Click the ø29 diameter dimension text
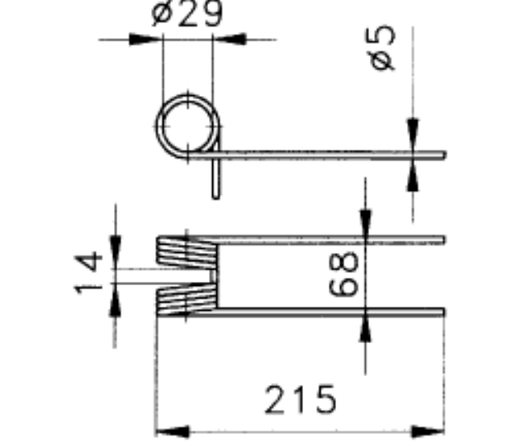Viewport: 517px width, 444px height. pyautogui.click(x=188, y=14)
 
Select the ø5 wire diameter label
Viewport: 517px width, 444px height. pyautogui.click(x=384, y=48)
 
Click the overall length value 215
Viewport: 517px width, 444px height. pyautogui.click(x=301, y=400)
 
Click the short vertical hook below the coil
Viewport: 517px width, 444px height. pyautogui.click(x=216, y=179)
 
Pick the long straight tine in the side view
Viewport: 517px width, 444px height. pyautogui.click(x=330, y=155)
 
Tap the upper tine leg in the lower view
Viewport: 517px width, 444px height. pyautogui.click(x=330, y=241)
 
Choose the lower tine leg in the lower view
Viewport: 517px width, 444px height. pyautogui.click(x=330, y=313)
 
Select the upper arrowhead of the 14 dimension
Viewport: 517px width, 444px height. pyautogui.click(x=115, y=249)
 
